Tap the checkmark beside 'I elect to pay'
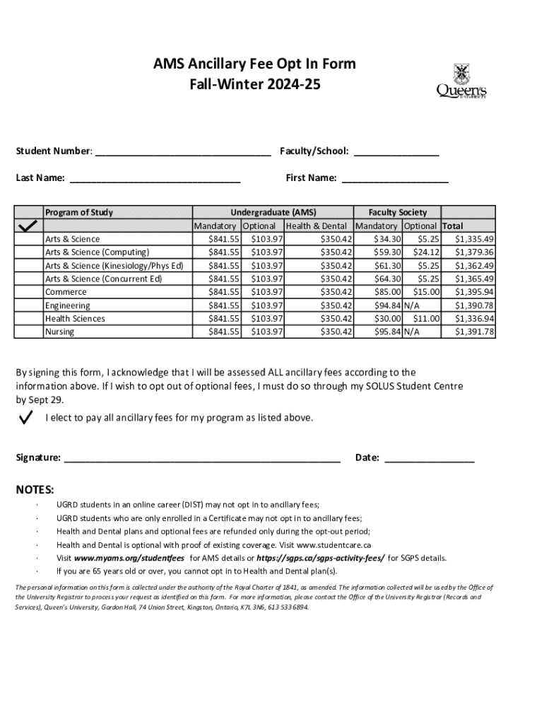point(27,418)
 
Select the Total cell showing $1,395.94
point(474,292)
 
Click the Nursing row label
point(59,332)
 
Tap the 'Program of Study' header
point(79,212)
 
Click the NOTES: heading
point(35,490)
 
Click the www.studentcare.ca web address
point(334,545)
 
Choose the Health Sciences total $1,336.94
point(474,319)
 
